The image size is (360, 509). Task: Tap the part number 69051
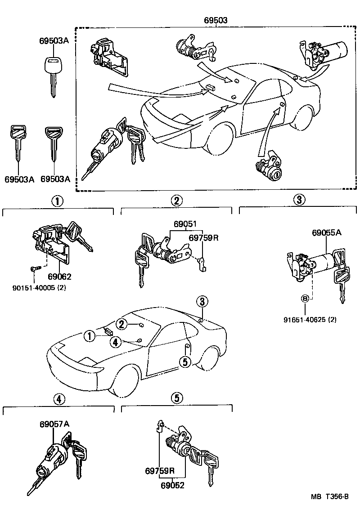(185, 224)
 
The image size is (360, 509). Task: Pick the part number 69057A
(54, 424)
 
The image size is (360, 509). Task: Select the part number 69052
(173, 485)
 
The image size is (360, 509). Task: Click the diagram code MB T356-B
(329, 496)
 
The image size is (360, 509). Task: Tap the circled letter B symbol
(305, 299)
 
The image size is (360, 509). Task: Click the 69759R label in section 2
(203, 237)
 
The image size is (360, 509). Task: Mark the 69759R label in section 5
(160, 471)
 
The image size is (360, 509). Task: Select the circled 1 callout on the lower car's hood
(90, 335)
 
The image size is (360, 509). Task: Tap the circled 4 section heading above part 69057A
(58, 398)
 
